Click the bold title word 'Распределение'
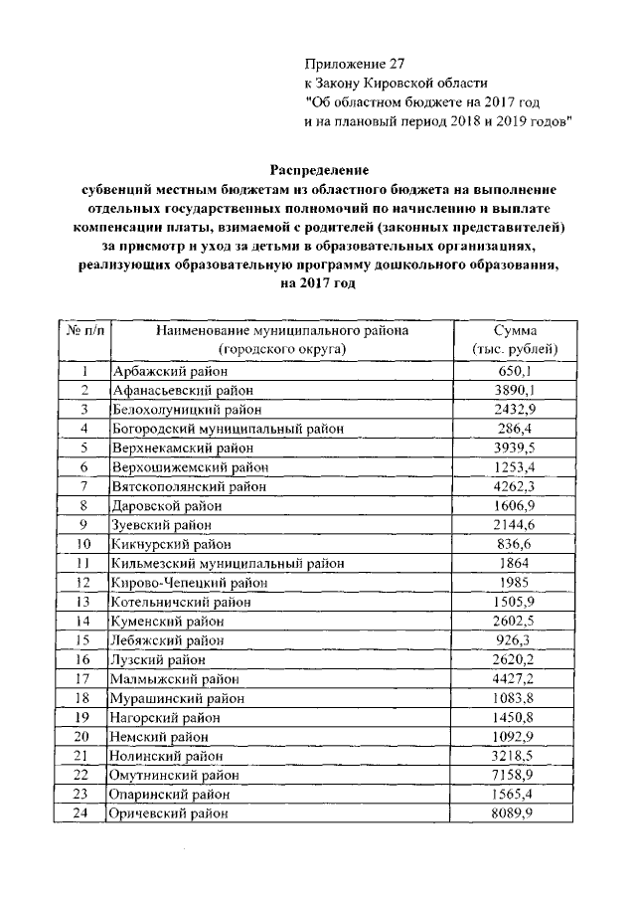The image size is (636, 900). coord(318,170)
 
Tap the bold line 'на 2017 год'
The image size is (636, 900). coord(318,282)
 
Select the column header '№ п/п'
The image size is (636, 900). coord(83,330)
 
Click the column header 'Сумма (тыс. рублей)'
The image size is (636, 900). coord(515,340)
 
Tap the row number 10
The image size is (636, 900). coord(83,544)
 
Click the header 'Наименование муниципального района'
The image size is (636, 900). coord(281,330)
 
